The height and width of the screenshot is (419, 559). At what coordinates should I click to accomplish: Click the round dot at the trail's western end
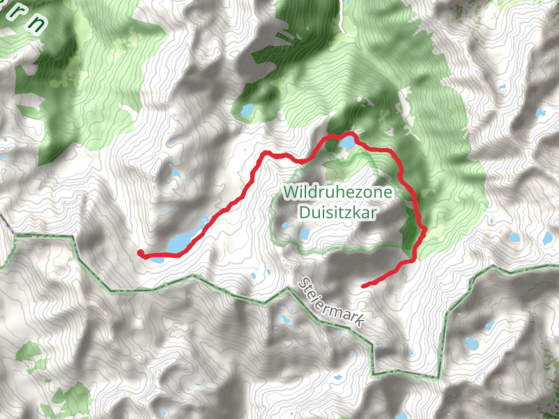140,253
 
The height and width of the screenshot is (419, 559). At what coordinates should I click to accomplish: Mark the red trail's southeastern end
364,286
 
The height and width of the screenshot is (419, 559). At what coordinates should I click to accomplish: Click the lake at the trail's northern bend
347,145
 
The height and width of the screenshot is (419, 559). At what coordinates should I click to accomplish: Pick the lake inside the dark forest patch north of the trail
247,110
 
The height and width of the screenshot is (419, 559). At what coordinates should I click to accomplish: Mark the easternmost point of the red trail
425,228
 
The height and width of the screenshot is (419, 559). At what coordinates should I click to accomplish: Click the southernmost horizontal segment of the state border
405,376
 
